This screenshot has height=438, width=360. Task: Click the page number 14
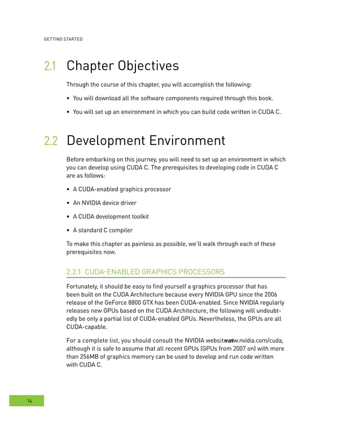[x=30, y=401]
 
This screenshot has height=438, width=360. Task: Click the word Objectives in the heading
[x=148, y=66]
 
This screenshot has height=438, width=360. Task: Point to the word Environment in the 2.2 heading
[x=186, y=141]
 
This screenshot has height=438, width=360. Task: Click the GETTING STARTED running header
[x=63, y=39]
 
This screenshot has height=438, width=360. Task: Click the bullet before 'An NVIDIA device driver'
[x=68, y=203]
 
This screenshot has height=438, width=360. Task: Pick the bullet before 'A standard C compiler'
[x=68, y=230]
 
